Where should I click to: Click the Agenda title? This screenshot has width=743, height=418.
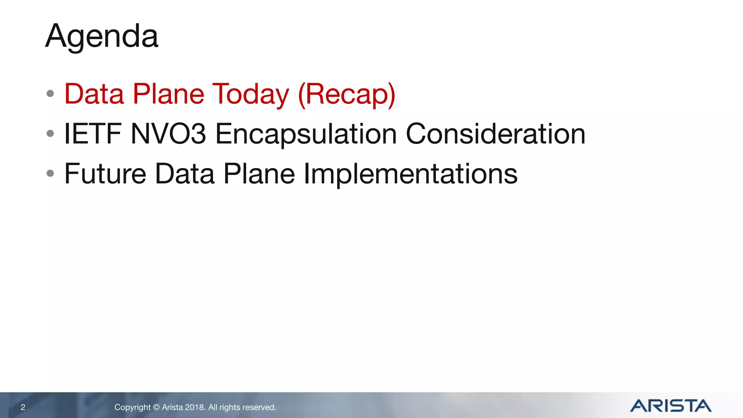coord(102,36)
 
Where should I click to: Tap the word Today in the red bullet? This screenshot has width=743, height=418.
coord(251,94)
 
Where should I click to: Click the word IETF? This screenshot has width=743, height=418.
coord(93,134)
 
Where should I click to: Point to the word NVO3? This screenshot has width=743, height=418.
coord(168,134)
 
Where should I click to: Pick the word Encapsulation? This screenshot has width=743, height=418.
coord(306,134)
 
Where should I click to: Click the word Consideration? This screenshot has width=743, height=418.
coord(495,134)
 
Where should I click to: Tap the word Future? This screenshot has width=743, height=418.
coord(105,174)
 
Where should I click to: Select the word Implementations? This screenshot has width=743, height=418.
coord(410,174)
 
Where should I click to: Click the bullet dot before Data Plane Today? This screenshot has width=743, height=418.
coord(50,94)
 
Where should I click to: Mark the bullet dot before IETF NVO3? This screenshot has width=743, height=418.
coord(50,134)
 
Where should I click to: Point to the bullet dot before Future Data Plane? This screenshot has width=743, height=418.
coord(50,173)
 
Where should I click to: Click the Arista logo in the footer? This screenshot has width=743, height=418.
coord(670,406)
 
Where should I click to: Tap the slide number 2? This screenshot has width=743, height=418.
coord(23,407)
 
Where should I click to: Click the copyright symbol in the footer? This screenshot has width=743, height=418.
coord(156,407)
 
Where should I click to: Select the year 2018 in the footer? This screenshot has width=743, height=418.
coord(195,407)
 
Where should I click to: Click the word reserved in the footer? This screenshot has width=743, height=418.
coord(260,407)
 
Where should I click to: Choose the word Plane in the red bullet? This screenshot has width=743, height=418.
coord(168,94)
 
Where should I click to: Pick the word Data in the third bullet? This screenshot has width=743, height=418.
coord(185,174)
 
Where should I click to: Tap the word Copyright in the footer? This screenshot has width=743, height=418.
coord(132,407)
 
